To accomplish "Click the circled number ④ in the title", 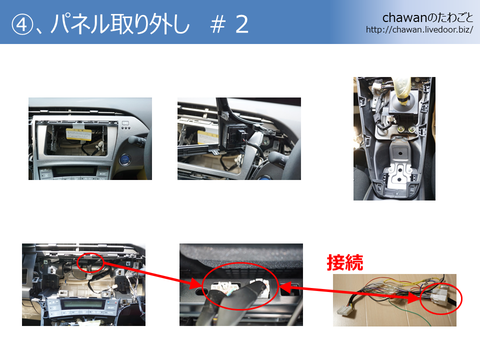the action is [x=22, y=25].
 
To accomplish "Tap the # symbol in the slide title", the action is [x=217, y=25].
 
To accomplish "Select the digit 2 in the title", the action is [x=242, y=25].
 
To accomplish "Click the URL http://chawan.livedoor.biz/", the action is [x=419, y=30].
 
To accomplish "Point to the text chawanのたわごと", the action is [x=428, y=18].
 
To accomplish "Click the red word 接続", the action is [x=345, y=262].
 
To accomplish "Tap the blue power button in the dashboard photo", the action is [x=125, y=158].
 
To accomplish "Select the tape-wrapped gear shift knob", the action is [x=402, y=89].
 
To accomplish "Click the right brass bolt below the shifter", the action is [x=412, y=130].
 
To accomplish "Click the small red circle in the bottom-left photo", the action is [x=91, y=263].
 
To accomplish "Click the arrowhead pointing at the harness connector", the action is [x=413, y=297].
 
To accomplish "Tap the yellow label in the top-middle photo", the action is [x=208, y=137].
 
